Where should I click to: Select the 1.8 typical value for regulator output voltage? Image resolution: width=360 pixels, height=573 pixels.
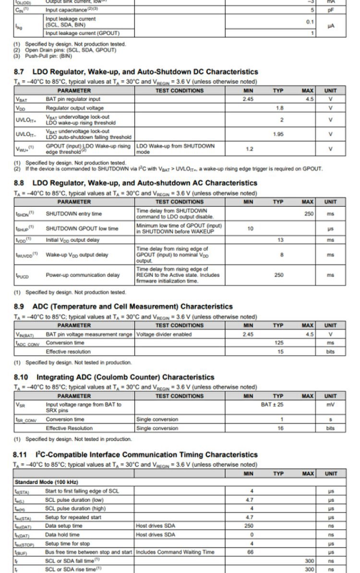pos(278,108)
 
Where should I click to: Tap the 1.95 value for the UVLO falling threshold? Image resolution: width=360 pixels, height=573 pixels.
pos(278,134)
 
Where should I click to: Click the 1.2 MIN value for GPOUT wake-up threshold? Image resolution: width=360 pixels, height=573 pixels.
pos(249,149)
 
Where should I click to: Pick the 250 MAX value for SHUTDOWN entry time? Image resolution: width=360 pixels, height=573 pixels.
pos(309,214)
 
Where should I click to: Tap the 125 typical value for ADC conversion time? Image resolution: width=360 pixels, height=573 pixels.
pos(279,343)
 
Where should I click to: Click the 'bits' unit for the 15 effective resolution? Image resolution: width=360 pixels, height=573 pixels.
pos(330,351)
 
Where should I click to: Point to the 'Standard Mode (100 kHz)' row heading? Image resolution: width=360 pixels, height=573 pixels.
pos(46,482)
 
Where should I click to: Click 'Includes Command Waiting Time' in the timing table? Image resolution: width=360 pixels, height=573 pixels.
pos(175,552)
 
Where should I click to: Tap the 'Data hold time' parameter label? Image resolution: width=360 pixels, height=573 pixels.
pos(62,534)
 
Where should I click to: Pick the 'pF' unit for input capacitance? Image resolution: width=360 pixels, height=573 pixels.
pos(330,10)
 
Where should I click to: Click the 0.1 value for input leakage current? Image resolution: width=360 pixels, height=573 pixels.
pos(310,22)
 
